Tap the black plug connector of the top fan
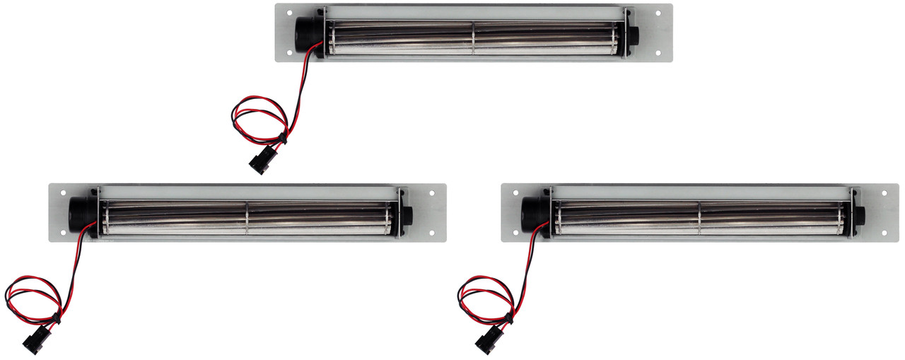[x=259, y=162]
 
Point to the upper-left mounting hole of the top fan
[x=289, y=13]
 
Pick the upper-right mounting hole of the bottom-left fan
[x=431, y=193]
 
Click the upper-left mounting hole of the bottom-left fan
[x=63, y=193]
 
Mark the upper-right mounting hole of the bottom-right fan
[x=884, y=193]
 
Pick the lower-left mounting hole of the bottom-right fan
[x=515, y=232]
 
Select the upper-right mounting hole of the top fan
[x=658, y=13]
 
